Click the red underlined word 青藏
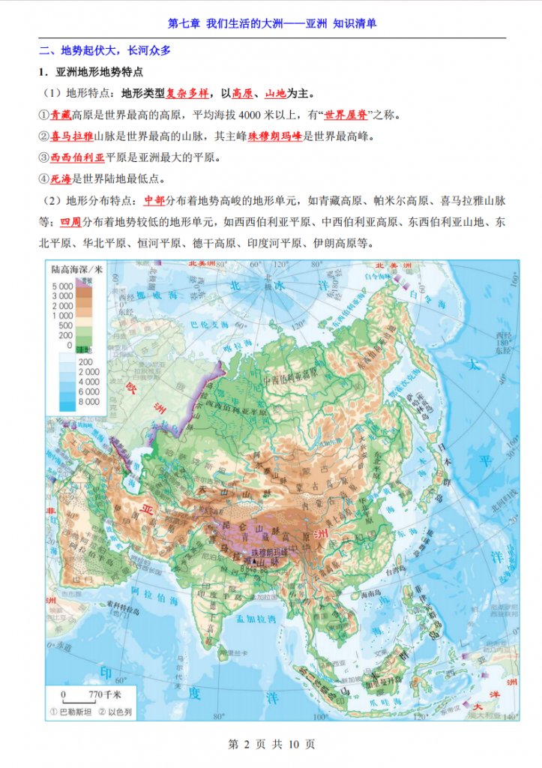click(61, 115)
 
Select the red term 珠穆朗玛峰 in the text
click(275, 136)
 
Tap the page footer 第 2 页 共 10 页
click(271, 744)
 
